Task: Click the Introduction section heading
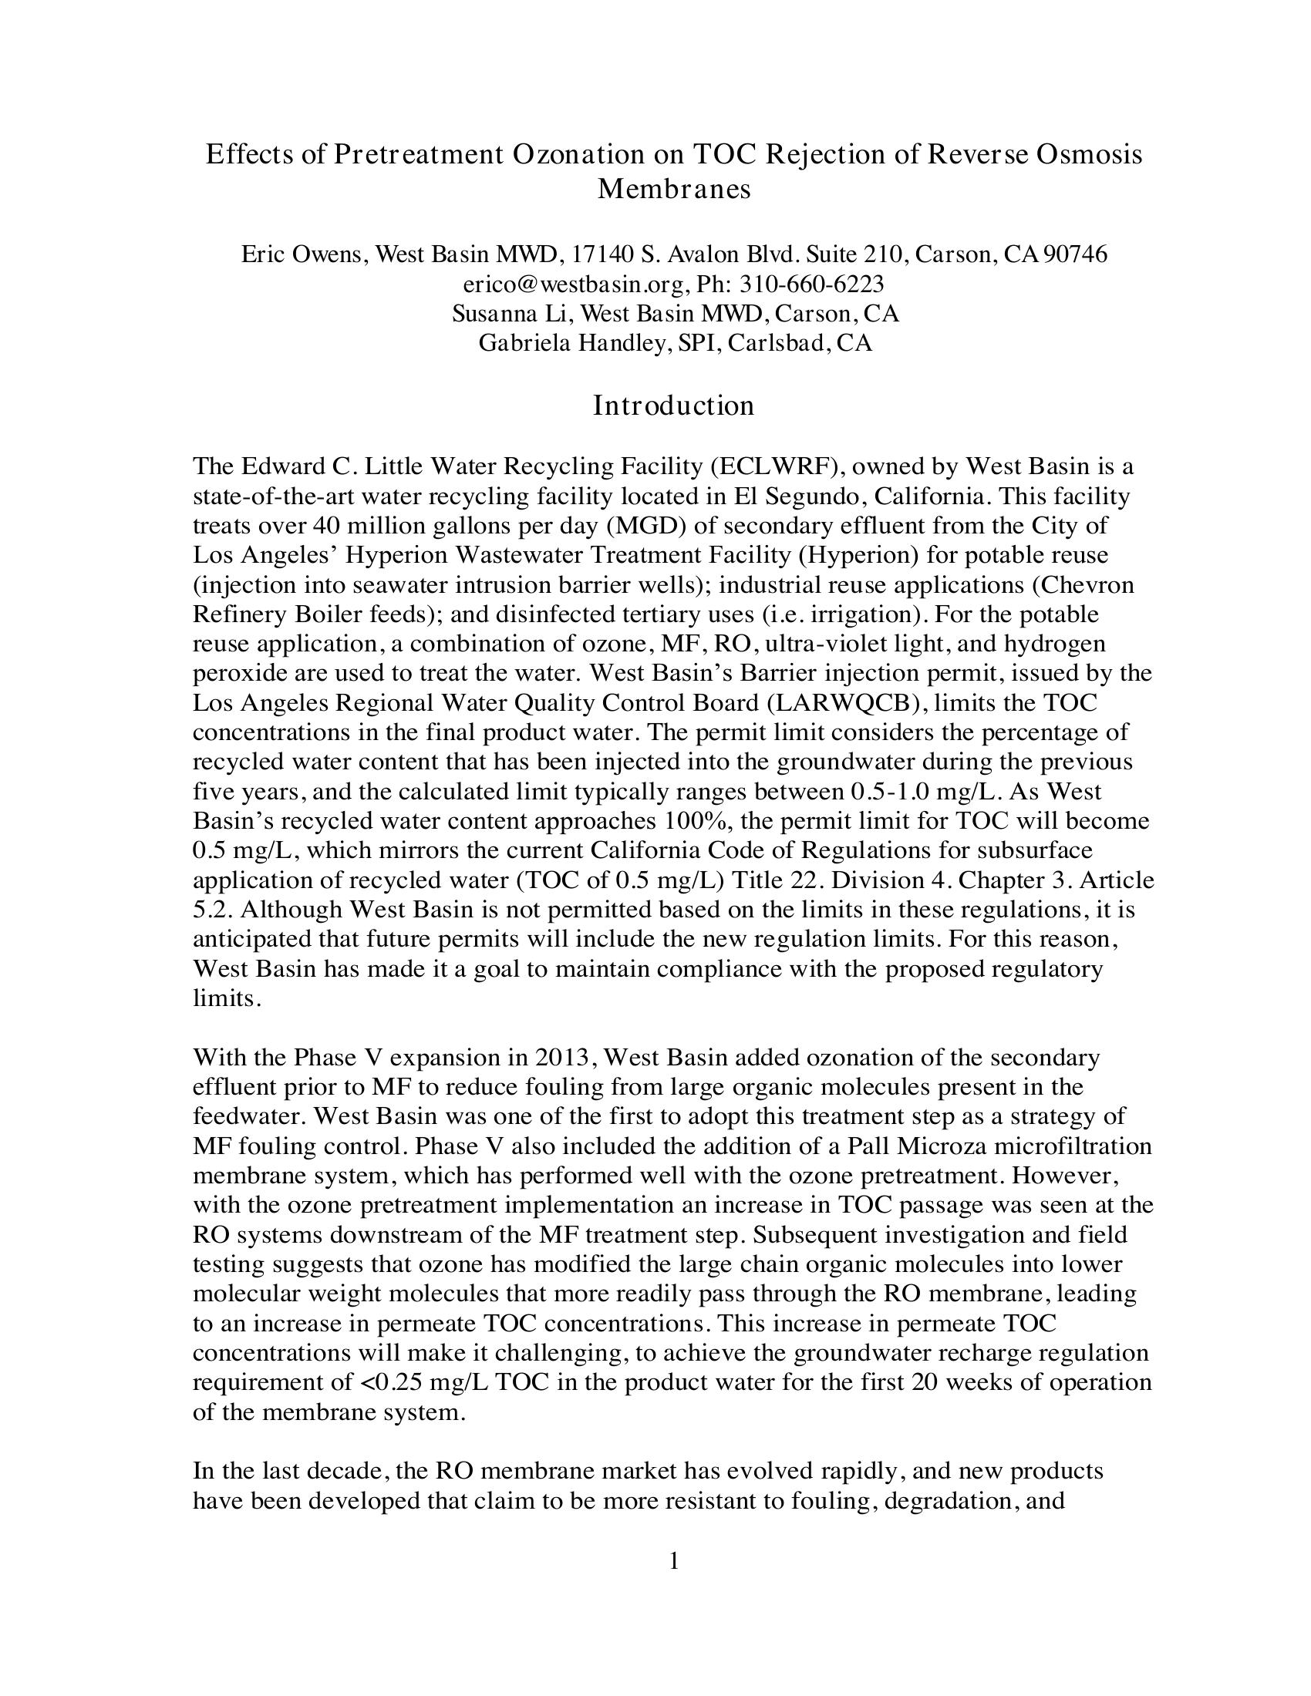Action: (673, 405)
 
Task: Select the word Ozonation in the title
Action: (578, 154)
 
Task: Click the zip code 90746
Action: (1076, 254)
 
